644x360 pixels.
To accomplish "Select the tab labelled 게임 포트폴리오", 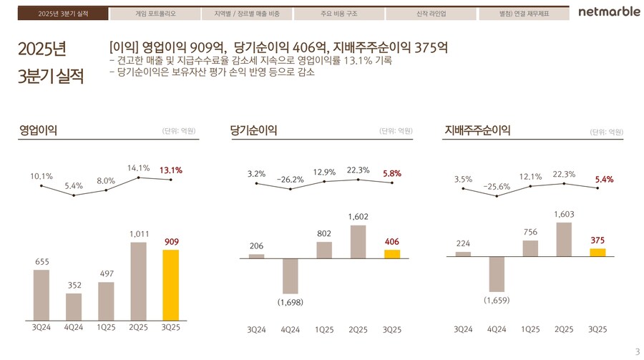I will tap(155, 14).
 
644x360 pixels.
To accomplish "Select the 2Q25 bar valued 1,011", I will tap(138, 281).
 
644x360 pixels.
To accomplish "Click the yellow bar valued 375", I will tap(597, 252).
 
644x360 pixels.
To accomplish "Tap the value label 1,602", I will tap(358, 215).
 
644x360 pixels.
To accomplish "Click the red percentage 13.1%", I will tap(171, 170).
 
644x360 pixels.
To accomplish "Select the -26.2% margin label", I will tap(291, 180).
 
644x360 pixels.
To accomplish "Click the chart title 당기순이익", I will tap(253, 130).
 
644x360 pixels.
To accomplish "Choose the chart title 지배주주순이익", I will tap(477, 130).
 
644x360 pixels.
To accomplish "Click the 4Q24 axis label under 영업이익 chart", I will tap(74, 328).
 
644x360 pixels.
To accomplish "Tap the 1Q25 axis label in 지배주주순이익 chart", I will tap(530, 329).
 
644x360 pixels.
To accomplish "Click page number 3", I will tap(637, 351).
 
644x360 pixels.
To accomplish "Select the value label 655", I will tap(42, 262).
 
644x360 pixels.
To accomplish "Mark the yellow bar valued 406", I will tap(391, 253).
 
